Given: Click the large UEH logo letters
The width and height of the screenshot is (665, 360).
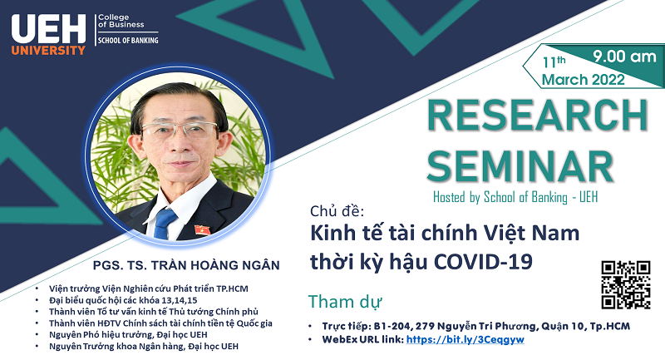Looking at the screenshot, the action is coord(48,29).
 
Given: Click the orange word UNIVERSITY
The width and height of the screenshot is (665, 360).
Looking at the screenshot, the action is coord(48,51).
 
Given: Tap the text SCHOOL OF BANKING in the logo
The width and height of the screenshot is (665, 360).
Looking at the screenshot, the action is coord(128,41).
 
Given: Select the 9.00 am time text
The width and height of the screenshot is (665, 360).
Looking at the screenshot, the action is coord(624,57).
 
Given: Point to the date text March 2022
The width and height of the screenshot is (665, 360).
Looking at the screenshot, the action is coord(584,79).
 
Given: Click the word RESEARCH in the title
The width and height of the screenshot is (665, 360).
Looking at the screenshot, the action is coord(537,116).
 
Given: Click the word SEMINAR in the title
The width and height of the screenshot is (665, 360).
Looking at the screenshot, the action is coord(520,166).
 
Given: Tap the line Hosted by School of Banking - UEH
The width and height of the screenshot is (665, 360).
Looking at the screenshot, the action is coord(515,197).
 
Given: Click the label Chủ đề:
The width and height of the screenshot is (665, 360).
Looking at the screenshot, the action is coord(337,211).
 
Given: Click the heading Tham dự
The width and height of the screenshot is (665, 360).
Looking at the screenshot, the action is coord(345,302).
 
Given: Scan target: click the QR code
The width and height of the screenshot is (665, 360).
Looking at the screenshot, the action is coord(626,284).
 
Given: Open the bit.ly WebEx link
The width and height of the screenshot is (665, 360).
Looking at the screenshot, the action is coord(465,339).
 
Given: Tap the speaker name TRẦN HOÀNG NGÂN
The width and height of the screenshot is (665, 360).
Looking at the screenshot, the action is coord(215,265).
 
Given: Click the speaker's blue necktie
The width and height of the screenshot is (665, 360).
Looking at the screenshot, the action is coord(165,223).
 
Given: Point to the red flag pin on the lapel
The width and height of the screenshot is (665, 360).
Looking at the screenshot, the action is coord(202,230).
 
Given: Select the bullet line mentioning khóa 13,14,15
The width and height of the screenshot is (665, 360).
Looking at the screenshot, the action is coord(123,300).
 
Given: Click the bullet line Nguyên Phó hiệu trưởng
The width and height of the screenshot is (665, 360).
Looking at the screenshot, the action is coord(128,334).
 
